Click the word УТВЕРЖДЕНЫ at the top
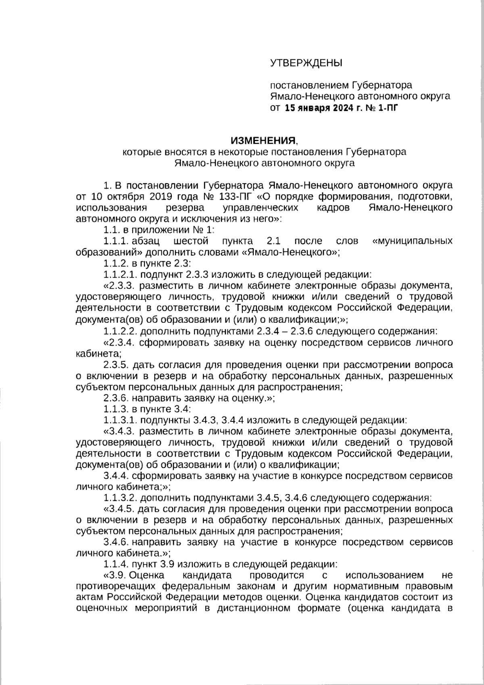click(305, 63)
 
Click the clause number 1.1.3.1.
click(121, 419)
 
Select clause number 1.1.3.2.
click(121, 497)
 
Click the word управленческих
click(261, 208)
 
